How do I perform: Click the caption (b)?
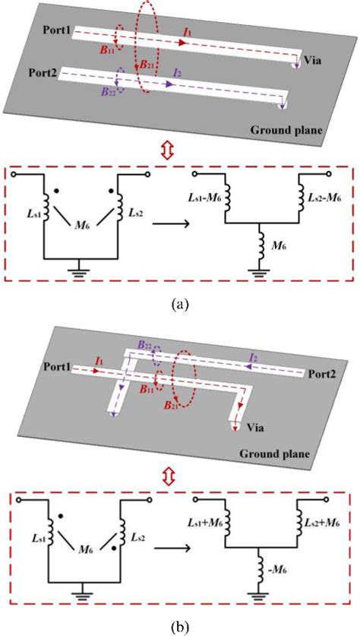coord(179,625)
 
